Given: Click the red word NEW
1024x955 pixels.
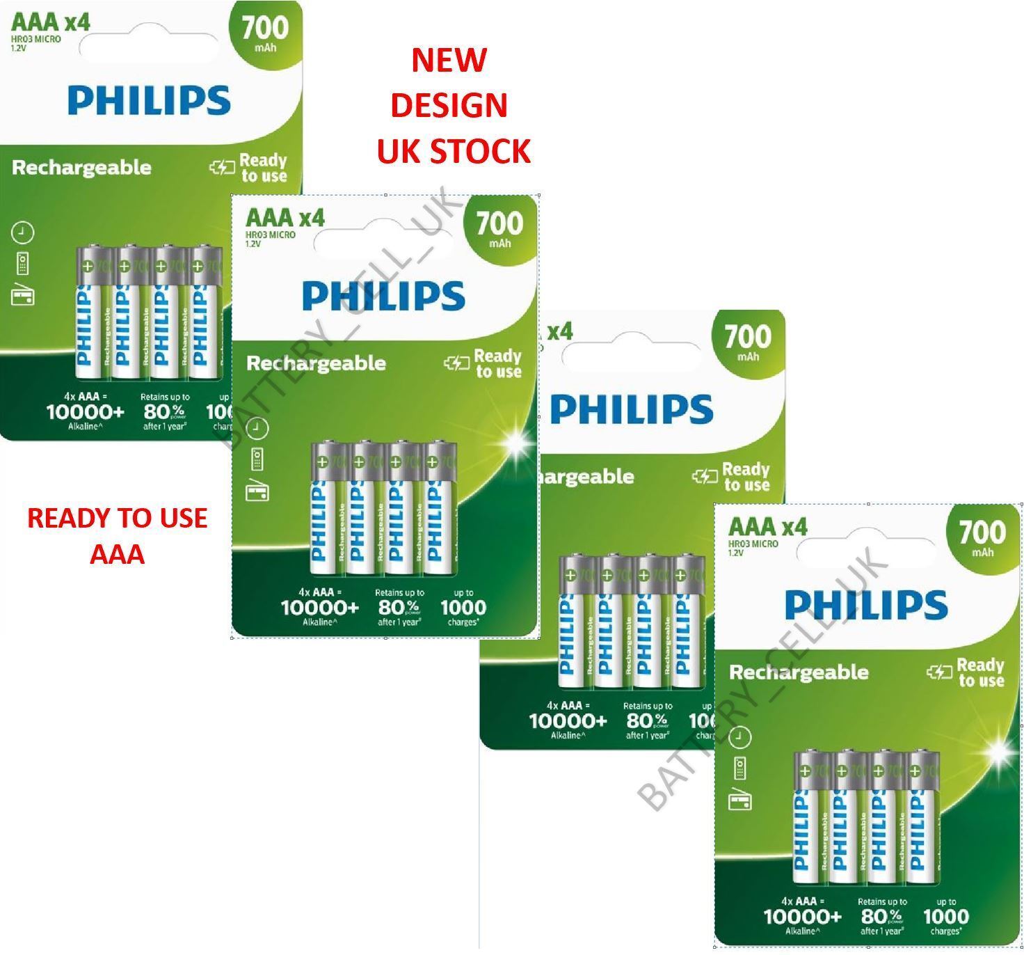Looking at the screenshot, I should point(449,61).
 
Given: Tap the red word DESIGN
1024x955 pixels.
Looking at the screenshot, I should point(449,106).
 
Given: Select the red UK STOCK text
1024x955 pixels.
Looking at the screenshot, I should point(454,151).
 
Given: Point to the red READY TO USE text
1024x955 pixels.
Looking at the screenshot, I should point(117,519).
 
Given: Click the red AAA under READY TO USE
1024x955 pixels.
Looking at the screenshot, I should point(117,555).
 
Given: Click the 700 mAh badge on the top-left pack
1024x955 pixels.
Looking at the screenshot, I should point(265,31).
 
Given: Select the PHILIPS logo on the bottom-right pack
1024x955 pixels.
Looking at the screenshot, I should point(866,605).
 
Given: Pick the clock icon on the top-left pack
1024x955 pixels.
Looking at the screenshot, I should point(23,232).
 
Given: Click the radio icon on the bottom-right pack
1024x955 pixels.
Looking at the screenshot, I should point(740,800).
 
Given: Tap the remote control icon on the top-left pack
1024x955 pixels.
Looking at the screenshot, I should point(23,264).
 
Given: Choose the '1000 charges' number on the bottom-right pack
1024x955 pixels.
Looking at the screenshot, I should point(946,917).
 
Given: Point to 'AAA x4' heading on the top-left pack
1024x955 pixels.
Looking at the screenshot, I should point(51,22).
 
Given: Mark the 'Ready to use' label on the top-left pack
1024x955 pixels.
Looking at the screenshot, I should point(262,168).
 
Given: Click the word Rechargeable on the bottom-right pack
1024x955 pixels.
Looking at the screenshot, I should point(799,672).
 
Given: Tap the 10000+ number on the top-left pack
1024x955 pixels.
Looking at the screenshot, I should point(85,412).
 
